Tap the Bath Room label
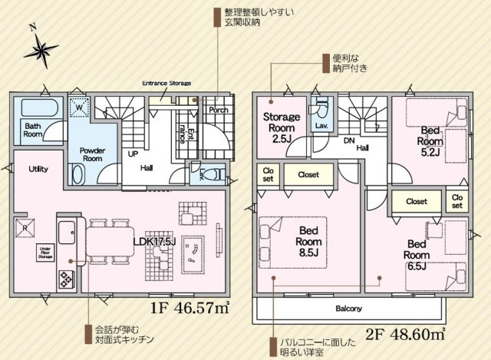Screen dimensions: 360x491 pos(32,129)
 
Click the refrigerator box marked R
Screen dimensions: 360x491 pos(25,227)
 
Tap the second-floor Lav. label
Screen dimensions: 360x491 pos(321,125)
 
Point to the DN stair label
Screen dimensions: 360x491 pos(348,141)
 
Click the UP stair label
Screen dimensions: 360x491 pos(132,153)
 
